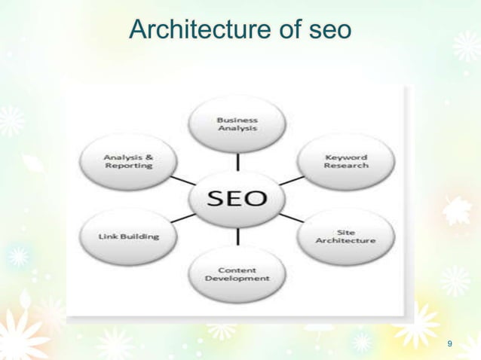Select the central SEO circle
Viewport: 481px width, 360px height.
click(237, 199)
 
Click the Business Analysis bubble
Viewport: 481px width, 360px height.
click(237, 124)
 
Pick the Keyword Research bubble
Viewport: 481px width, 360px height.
click(345, 161)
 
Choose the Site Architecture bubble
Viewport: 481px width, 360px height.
click(345, 236)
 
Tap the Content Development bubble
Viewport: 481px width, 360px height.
click(237, 273)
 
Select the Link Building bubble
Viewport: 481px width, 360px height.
click(129, 236)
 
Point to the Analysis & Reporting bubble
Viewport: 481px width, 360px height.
click(129, 161)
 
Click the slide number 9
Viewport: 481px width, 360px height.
click(450, 344)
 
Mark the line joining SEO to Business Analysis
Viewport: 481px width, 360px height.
click(238, 161)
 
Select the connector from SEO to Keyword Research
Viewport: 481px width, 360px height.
click(290, 181)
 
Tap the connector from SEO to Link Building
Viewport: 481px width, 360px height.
click(184, 218)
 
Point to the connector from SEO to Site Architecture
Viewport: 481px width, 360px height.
click(290, 218)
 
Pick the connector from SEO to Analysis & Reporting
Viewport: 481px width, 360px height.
click(182, 181)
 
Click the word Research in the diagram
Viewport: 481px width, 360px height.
click(346, 166)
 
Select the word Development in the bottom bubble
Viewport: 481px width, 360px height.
click(237, 279)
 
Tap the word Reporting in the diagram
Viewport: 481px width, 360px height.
click(129, 166)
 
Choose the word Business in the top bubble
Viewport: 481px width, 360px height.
click(237, 119)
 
